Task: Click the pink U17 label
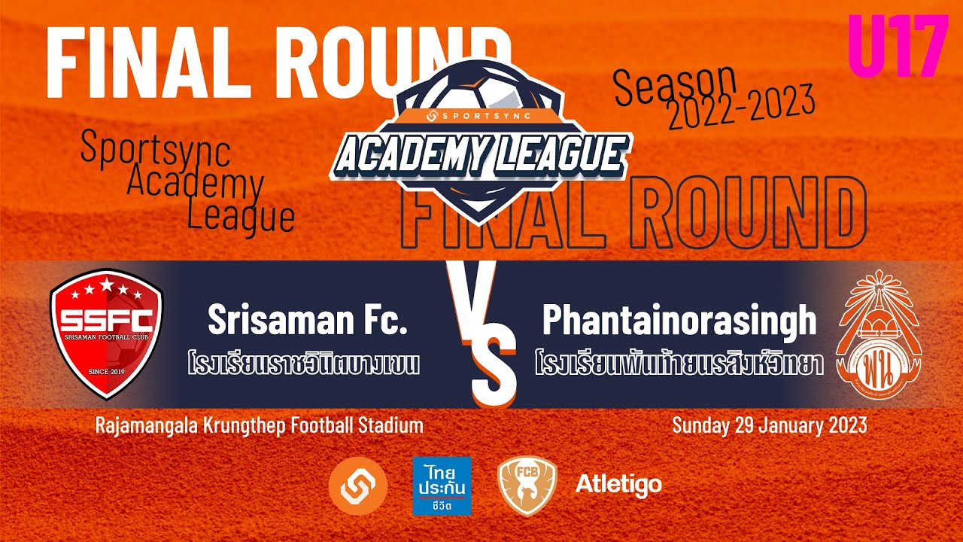click(x=898, y=47)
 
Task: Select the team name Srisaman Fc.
click(x=307, y=321)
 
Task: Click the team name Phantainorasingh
click(x=679, y=321)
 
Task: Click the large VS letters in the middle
click(x=481, y=331)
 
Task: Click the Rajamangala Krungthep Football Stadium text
click(x=259, y=425)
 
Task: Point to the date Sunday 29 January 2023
click(x=769, y=425)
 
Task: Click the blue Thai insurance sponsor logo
click(x=442, y=486)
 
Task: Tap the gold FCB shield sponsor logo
click(x=527, y=486)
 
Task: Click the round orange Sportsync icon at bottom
click(x=358, y=486)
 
